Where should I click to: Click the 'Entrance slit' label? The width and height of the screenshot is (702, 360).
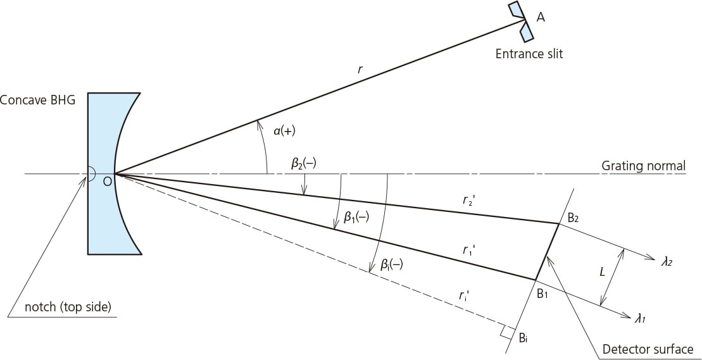(x=529, y=54)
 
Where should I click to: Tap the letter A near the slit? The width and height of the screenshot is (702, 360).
(x=541, y=18)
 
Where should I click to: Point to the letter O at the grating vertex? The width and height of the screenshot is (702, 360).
(x=107, y=182)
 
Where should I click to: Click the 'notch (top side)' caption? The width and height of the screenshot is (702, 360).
(x=68, y=307)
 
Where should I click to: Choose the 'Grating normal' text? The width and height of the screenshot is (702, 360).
(x=643, y=166)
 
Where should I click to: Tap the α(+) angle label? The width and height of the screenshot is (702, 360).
(x=284, y=131)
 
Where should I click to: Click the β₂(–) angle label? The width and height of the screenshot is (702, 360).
(x=304, y=163)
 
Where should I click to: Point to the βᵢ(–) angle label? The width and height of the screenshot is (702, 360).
(x=391, y=265)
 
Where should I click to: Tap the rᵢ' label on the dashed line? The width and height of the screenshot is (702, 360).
(x=465, y=295)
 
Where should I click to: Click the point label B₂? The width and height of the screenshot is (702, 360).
(x=573, y=218)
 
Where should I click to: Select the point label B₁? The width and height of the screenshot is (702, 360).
(x=542, y=293)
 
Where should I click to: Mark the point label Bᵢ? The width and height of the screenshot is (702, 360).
(x=523, y=338)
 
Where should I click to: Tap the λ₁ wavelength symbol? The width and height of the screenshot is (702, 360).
(x=641, y=318)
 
